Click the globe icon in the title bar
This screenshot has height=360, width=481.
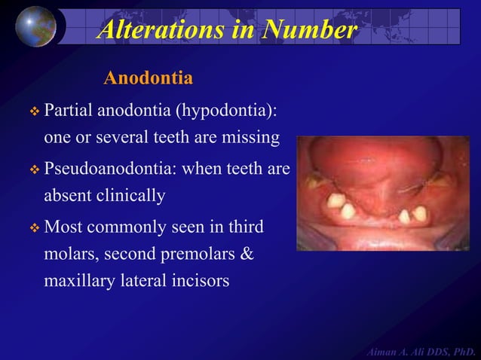click(35, 26)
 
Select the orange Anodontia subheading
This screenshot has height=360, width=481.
click(148, 78)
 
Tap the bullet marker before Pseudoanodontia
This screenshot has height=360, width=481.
click(33, 169)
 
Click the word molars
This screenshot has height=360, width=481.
click(72, 255)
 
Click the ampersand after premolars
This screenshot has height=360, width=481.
click(247, 255)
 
